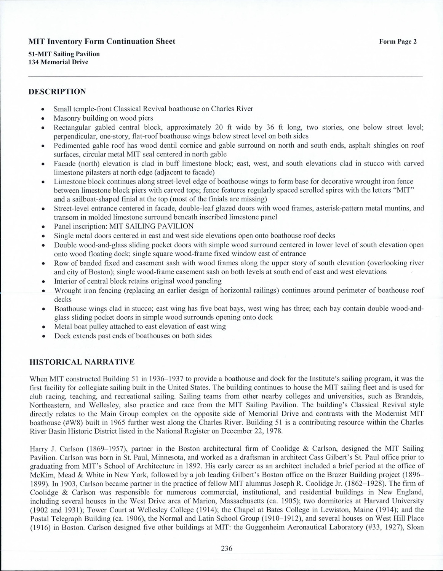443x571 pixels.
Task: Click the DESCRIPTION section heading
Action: [58, 92]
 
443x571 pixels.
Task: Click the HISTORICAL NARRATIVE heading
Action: [82, 362]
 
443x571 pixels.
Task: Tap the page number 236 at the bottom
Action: [226, 549]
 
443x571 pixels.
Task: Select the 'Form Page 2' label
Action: [398, 42]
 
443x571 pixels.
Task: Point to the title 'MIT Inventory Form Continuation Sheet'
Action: [102, 41]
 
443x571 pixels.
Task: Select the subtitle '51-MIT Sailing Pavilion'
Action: [64, 54]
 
